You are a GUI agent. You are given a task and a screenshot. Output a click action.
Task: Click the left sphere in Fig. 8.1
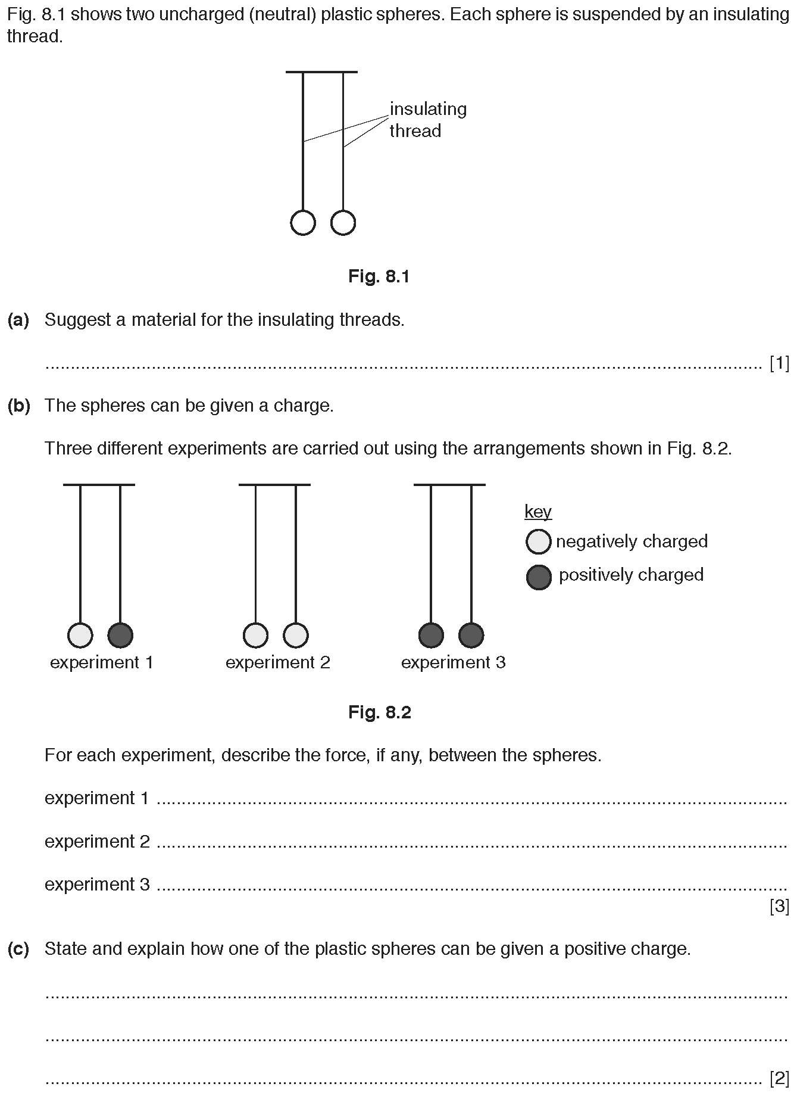click(x=303, y=223)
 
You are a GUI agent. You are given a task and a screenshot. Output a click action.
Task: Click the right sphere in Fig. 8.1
click(x=343, y=223)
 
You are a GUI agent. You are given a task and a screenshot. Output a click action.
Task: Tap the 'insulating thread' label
click(x=428, y=120)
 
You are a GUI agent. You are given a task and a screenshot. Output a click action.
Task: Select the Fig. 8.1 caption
click(x=379, y=276)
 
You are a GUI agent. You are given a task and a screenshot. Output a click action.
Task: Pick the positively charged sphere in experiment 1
click(x=120, y=635)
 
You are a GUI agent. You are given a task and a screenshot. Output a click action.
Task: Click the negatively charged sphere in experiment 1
click(x=80, y=635)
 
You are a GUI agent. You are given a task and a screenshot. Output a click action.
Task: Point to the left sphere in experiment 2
click(x=256, y=635)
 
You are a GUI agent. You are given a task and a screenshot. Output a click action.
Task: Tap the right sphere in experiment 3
click(x=471, y=635)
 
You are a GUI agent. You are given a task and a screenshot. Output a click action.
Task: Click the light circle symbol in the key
click(x=539, y=541)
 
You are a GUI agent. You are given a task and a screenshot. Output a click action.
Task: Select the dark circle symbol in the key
click(x=539, y=577)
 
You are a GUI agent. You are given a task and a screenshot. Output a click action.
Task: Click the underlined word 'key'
click(x=538, y=512)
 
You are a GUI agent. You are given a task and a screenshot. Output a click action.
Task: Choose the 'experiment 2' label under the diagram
click(x=277, y=662)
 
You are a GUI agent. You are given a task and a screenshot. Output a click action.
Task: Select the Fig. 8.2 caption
click(x=380, y=712)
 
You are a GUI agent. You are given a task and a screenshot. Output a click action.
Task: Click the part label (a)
click(x=18, y=320)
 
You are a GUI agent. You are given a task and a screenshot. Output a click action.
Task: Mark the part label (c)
click(x=18, y=949)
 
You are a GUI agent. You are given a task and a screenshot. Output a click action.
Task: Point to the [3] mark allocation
click(x=779, y=907)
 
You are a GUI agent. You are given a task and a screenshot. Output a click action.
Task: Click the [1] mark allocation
click(x=779, y=363)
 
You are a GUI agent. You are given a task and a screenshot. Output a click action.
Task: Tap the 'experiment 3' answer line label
click(x=98, y=885)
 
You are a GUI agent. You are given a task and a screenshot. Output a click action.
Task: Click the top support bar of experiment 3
click(x=450, y=485)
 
